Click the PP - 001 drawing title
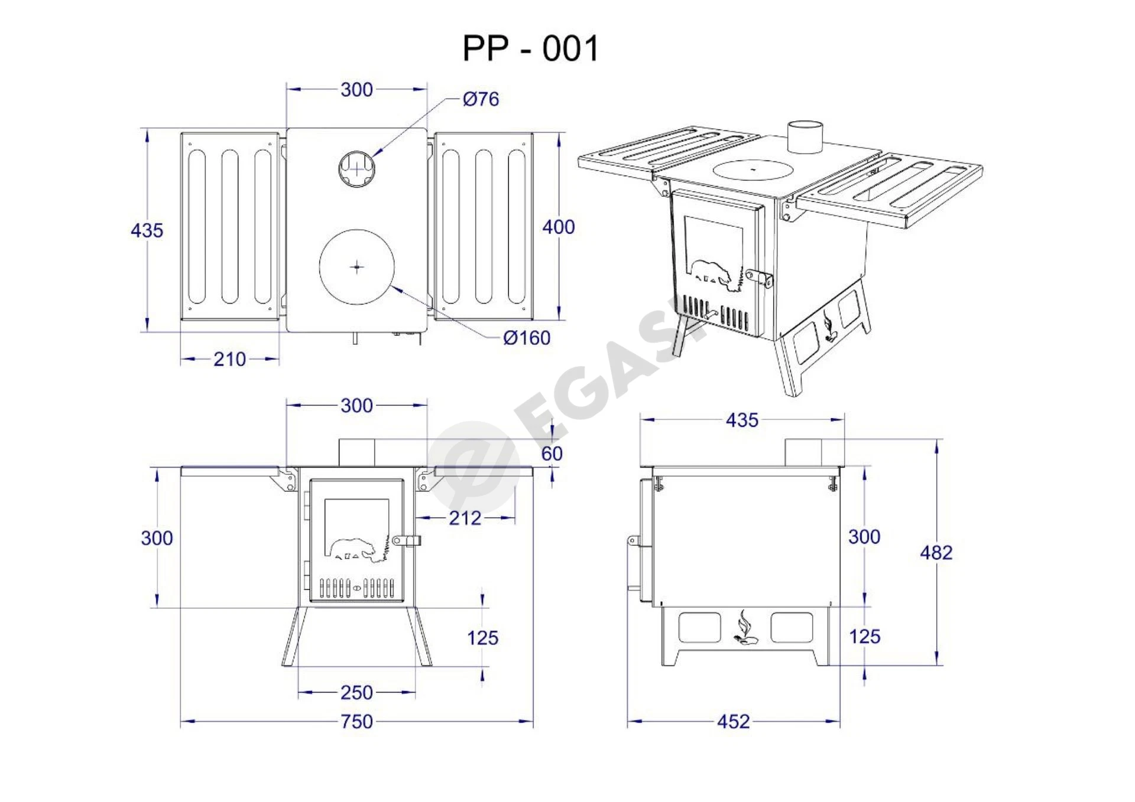coord(530,48)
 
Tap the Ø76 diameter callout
coord(481,99)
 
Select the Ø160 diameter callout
coord(526,338)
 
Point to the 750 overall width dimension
coord(356,721)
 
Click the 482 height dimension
coord(936,552)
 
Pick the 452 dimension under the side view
coord(733,721)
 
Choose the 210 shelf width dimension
coord(229,359)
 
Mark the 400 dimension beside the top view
coord(559,227)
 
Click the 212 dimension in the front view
coord(465,518)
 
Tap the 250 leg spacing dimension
coord(356,692)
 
